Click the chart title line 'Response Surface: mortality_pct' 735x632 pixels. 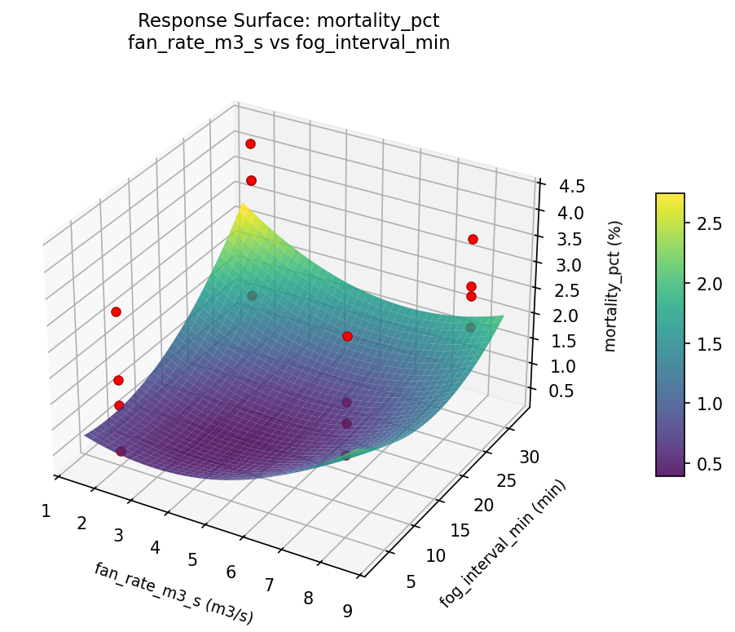point(288,20)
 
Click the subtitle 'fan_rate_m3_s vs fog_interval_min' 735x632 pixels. point(288,42)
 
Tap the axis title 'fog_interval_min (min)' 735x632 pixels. point(502,543)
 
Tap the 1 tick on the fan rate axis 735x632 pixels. point(46,511)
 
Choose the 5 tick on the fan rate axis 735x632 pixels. point(193,559)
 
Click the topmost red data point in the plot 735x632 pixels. point(250,144)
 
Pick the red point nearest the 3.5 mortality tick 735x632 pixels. point(473,239)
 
